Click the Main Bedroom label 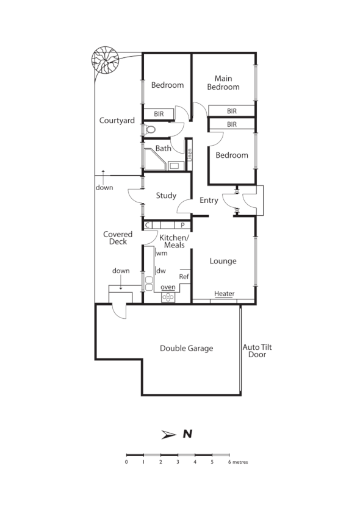tap(223, 82)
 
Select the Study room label tap(166, 196)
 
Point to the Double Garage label tap(187, 349)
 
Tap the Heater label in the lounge tap(224, 294)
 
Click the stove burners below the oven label tap(168, 297)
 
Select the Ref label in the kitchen tap(184, 277)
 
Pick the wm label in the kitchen tap(162, 253)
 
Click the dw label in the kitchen tap(162, 271)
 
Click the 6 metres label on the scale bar tap(239, 462)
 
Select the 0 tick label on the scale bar tap(126, 462)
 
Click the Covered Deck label tap(115, 238)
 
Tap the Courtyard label tap(117, 121)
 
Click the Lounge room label tap(223, 261)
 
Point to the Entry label tap(209, 201)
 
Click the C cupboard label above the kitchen tap(148, 225)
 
